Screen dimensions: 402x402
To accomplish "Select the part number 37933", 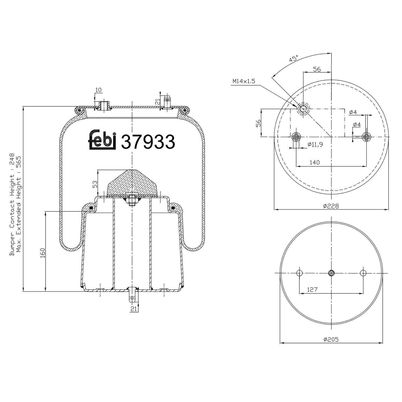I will click(148, 142).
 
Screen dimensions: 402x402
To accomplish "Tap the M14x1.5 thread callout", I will click(244, 81).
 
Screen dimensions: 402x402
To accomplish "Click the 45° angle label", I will click(294, 59).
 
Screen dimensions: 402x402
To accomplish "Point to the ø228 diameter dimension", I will click(331, 206).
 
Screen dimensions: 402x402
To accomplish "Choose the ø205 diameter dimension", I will click(331, 339).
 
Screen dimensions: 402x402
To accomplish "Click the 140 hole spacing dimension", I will click(315, 162).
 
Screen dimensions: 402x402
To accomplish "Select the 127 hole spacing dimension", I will click(312, 289).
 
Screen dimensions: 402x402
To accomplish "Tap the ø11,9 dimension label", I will click(315, 144).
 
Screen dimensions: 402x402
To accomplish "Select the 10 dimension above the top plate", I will click(99, 90).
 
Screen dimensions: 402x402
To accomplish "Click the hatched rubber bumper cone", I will click(132, 184).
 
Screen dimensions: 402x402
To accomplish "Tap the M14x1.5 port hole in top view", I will click(303, 109).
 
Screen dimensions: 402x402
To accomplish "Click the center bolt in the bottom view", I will click(331, 273).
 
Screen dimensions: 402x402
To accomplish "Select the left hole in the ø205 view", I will click(299, 273).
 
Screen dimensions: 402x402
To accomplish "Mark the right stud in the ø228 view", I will click(366, 137).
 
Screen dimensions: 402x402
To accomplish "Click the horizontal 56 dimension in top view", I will click(317, 69).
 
